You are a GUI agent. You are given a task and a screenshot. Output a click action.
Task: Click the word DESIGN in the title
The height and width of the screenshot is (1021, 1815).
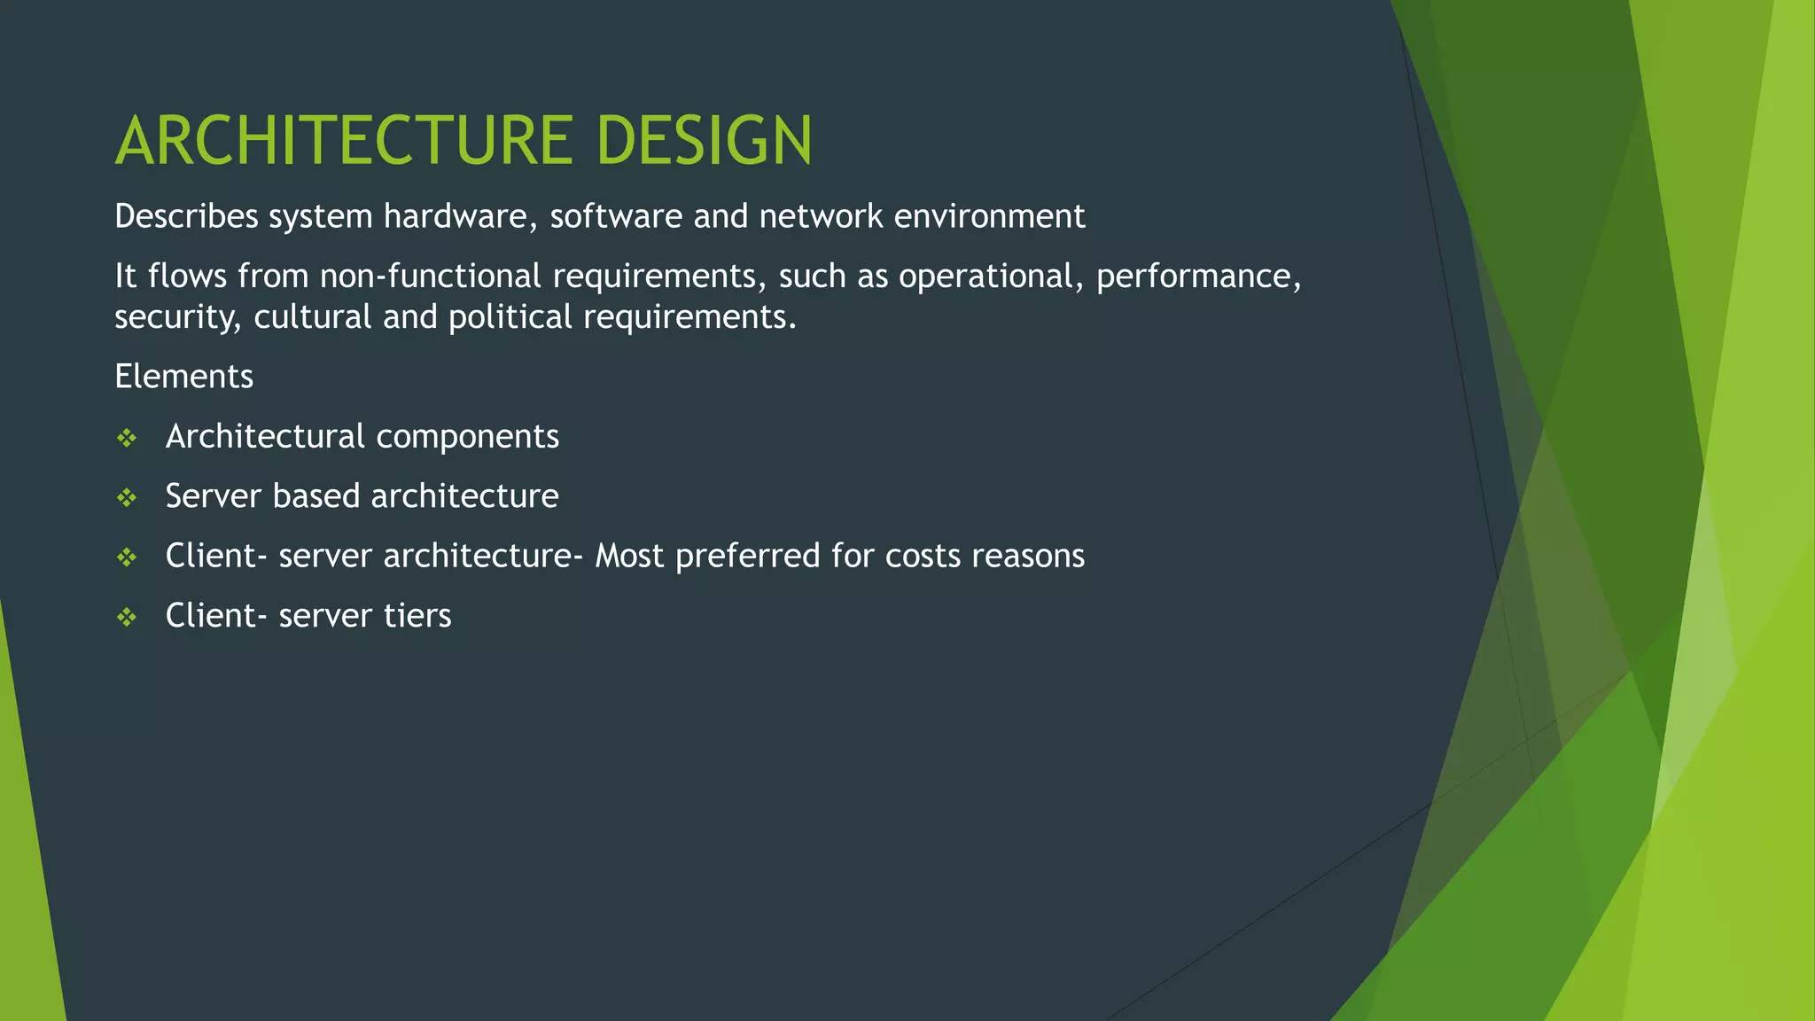(704, 141)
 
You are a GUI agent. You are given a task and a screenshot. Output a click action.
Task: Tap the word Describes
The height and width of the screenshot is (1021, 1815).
(186, 216)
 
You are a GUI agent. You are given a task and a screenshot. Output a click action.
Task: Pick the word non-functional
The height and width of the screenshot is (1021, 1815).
(430, 277)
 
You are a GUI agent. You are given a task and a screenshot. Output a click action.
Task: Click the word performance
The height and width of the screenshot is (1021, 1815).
(1197, 277)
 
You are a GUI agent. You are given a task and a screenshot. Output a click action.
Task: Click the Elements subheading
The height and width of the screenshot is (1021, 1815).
(183, 377)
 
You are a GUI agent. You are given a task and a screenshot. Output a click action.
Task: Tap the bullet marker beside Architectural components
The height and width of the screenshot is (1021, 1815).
(127, 438)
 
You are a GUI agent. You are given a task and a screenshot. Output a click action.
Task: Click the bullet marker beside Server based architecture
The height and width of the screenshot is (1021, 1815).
(127, 497)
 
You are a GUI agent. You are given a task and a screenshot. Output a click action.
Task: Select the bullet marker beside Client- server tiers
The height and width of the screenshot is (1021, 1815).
(127, 617)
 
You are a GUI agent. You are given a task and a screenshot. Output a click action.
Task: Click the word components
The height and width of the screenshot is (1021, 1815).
(467, 437)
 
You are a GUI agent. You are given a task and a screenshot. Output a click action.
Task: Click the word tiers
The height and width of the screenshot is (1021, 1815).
(417, 616)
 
